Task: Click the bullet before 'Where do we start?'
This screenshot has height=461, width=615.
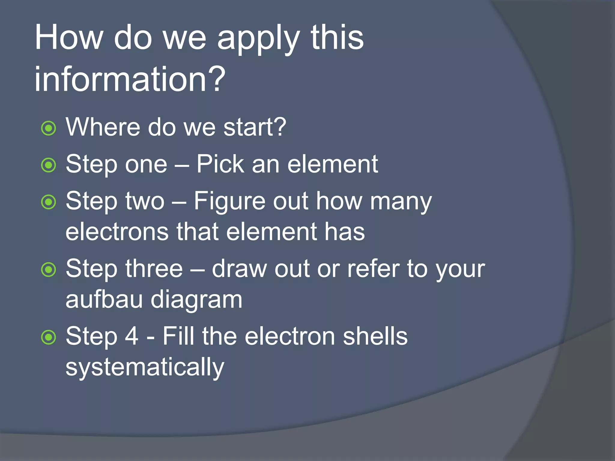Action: [x=48, y=128]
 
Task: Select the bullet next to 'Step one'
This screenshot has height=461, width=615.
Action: [x=48, y=165]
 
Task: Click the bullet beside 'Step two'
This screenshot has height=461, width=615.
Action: [x=48, y=202]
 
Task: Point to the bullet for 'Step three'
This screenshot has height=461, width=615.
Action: [x=48, y=270]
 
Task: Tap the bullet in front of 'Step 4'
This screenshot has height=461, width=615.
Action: [x=48, y=337]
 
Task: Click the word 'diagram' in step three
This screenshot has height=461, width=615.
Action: [x=196, y=300]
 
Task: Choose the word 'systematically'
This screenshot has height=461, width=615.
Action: [x=145, y=368]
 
